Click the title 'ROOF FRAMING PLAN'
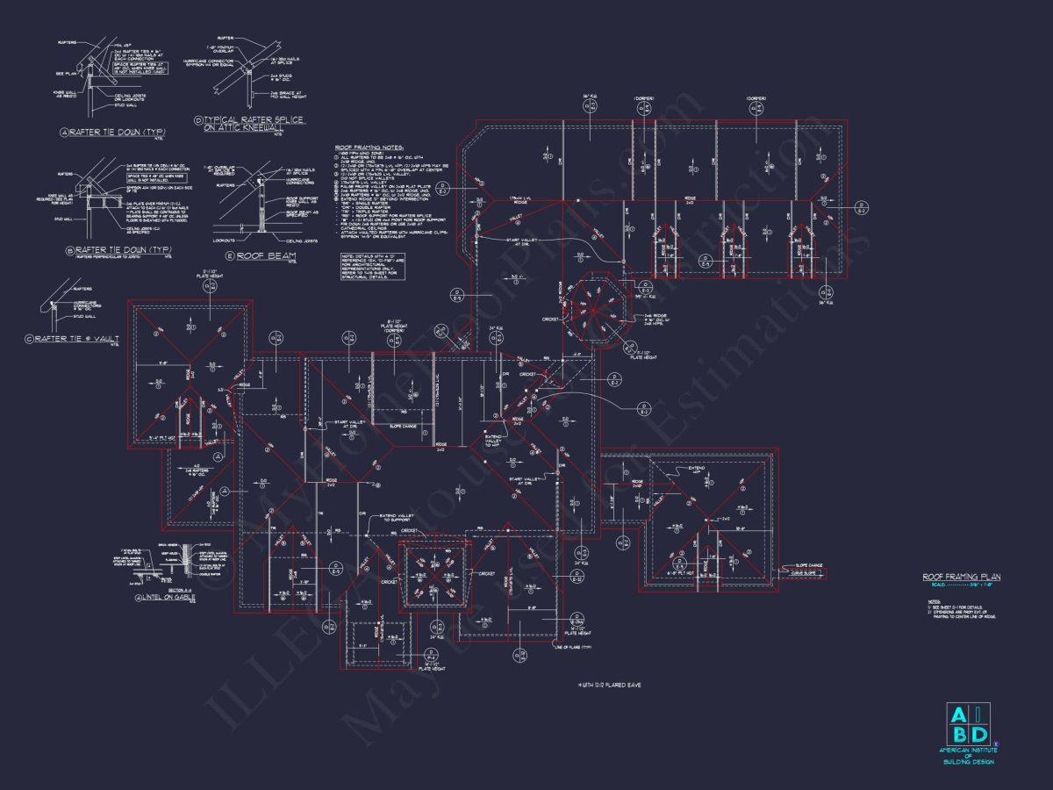point(961,577)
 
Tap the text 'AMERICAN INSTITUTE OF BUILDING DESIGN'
point(968,756)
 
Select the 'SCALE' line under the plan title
point(961,585)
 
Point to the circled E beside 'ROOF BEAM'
point(230,256)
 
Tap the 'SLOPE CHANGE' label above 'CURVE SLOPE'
point(808,565)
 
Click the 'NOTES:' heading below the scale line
point(933,601)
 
